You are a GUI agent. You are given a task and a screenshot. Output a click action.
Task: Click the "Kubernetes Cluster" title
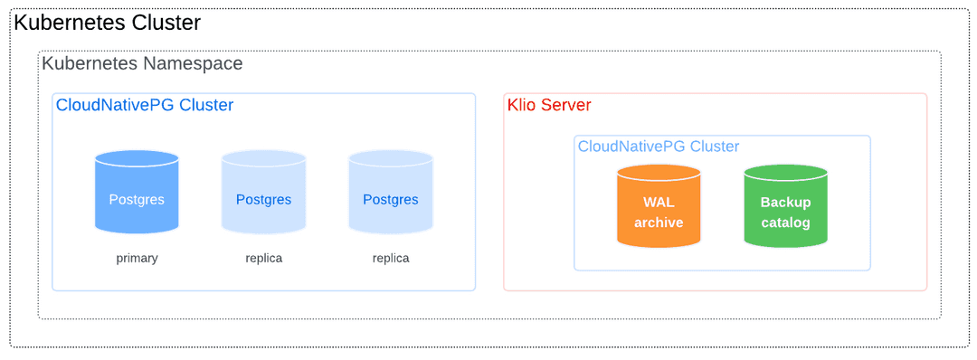(x=107, y=24)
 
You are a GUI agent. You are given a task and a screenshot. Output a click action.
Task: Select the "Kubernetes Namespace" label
(x=142, y=64)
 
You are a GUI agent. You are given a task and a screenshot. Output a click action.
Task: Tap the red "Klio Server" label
(x=549, y=105)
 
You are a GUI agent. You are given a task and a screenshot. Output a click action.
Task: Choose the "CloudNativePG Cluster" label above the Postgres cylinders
(x=145, y=105)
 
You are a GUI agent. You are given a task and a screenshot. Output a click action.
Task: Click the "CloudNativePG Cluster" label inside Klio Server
(x=659, y=147)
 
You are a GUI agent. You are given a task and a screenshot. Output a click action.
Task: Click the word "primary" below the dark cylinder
(x=137, y=258)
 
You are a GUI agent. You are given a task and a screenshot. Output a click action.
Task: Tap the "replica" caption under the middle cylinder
(x=263, y=258)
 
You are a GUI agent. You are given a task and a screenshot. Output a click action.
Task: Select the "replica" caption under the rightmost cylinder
(x=391, y=258)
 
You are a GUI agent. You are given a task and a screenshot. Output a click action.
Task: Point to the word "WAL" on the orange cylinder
(x=659, y=202)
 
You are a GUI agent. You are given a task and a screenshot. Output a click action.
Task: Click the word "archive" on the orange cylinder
(x=659, y=223)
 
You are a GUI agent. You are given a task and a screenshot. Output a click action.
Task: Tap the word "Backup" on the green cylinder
(x=785, y=202)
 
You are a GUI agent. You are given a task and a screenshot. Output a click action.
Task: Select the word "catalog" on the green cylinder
(x=785, y=223)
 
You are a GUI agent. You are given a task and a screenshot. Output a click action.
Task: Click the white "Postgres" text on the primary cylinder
(x=137, y=199)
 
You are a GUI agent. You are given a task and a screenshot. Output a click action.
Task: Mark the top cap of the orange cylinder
(x=659, y=172)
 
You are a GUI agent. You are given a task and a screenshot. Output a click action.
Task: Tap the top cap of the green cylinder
(x=785, y=172)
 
